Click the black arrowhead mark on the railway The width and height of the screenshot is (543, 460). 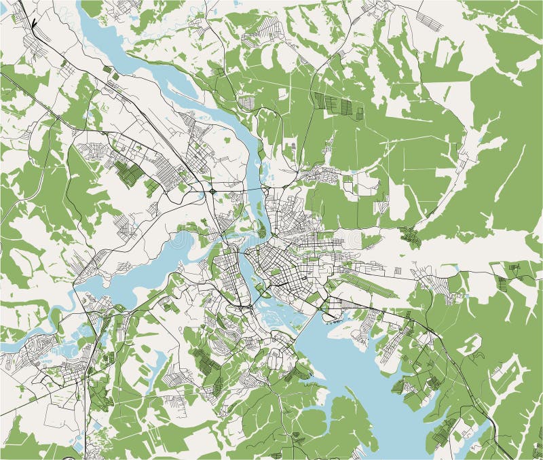coord(31,28)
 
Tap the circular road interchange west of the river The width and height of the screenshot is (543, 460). coord(213,192)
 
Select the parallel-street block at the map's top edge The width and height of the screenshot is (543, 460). coord(424,20)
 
